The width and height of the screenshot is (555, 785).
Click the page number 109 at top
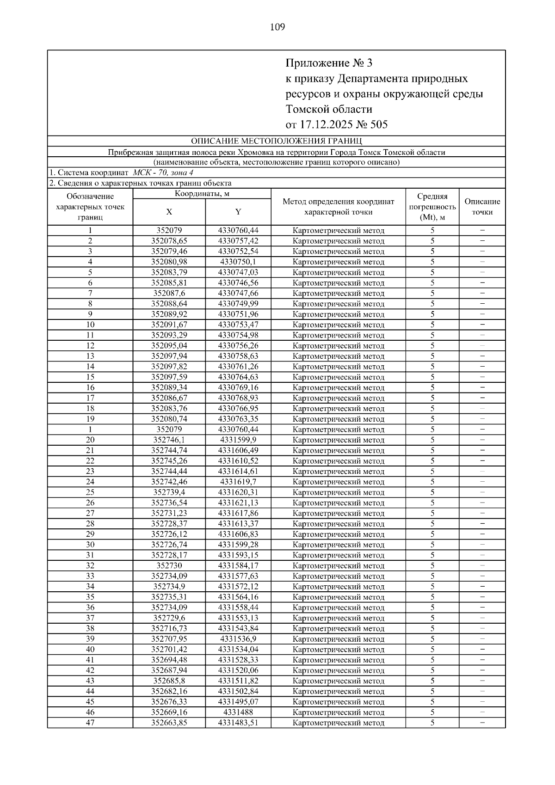(277, 27)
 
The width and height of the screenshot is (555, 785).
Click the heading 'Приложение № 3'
(328, 63)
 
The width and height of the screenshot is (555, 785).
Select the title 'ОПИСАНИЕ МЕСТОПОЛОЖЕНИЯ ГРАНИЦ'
(277, 141)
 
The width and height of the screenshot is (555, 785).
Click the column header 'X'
(169, 212)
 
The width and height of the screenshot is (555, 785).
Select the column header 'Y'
(238, 212)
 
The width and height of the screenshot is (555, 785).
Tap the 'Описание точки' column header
(482, 207)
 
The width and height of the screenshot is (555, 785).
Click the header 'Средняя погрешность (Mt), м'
(432, 207)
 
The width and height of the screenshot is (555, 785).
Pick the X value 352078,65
(169, 241)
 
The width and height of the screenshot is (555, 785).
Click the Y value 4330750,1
(238, 262)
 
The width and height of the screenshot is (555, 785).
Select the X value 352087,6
(169, 293)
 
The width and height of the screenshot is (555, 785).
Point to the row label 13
(90, 356)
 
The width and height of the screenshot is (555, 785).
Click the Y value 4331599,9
(238, 440)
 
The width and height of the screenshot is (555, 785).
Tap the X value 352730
(169, 566)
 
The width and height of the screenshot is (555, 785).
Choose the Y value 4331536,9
(238, 639)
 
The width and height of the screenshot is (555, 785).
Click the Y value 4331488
(238, 712)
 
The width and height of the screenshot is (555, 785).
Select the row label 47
(90, 723)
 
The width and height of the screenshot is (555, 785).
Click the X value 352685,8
(169, 681)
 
